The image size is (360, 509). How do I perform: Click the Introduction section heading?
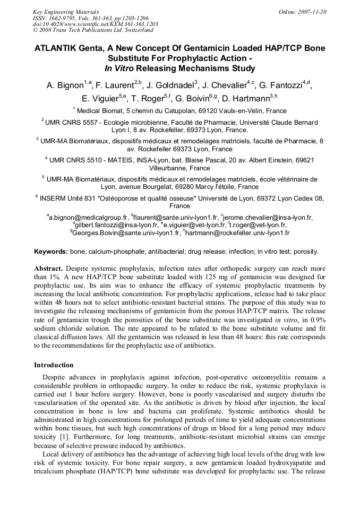[54, 365]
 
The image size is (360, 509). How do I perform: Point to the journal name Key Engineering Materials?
[65, 11]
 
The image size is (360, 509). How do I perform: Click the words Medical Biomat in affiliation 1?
[99, 111]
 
